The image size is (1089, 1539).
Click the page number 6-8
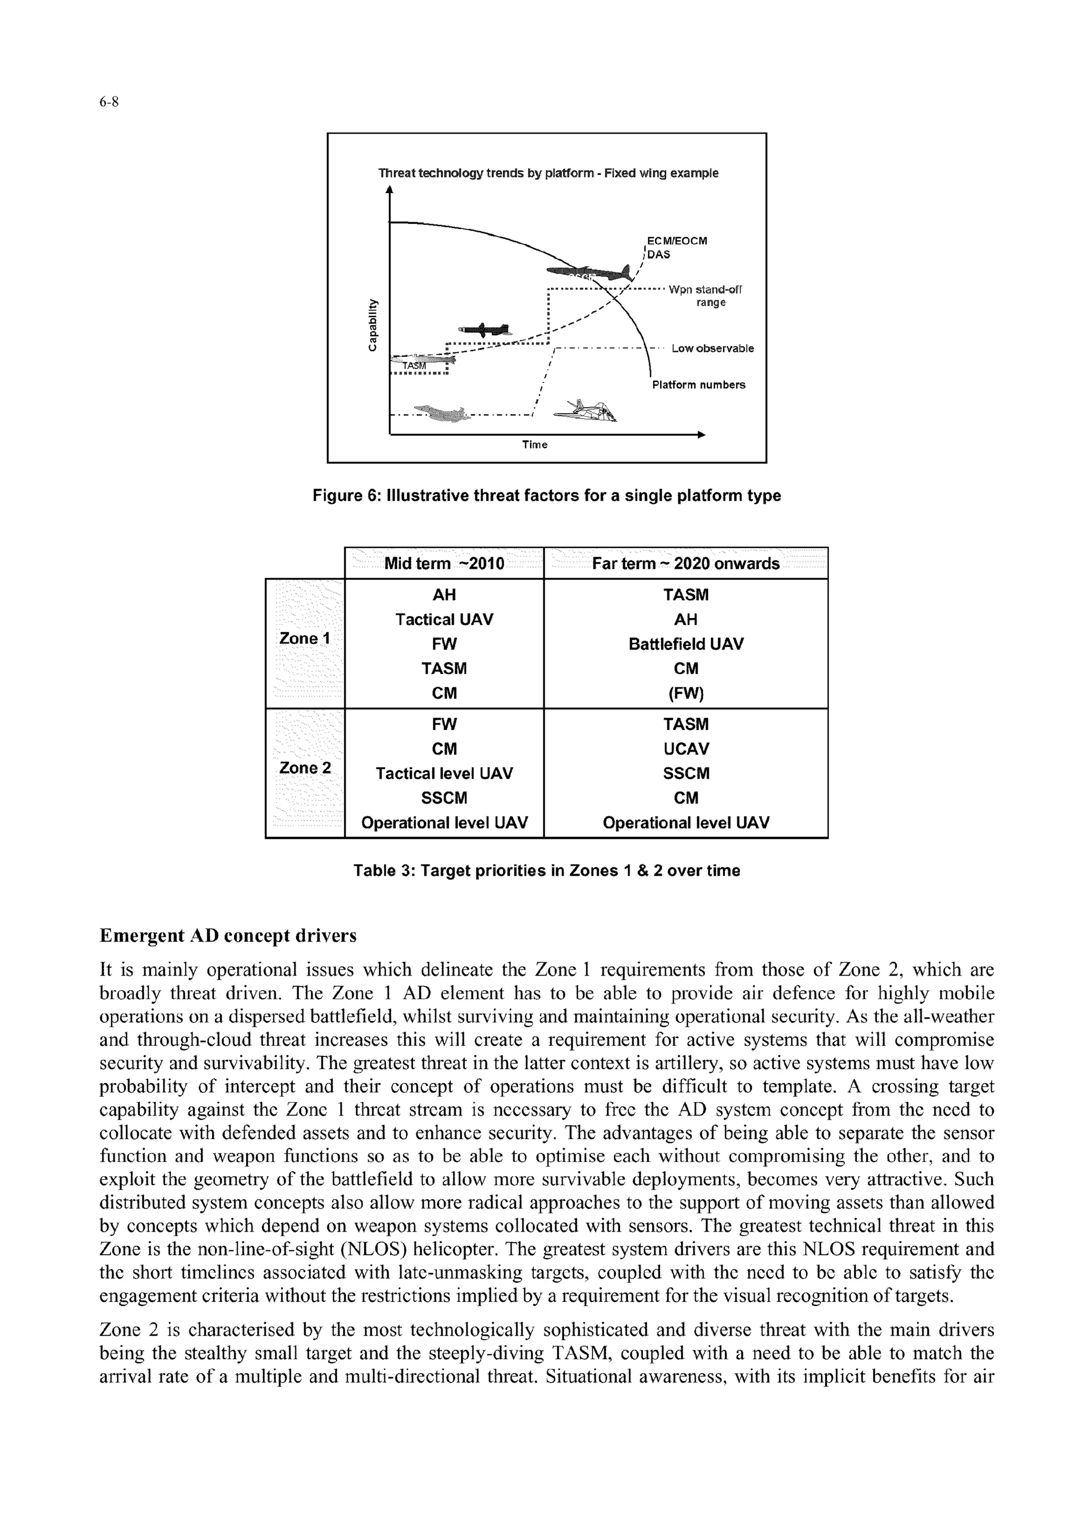(x=108, y=102)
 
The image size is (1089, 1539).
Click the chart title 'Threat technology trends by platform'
(x=548, y=173)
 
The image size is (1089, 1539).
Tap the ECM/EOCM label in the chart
(x=676, y=240)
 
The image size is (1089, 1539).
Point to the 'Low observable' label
(x=712, y=348)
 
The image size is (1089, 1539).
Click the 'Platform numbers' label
(x=698, y=385)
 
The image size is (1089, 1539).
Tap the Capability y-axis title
(x=370, y=324)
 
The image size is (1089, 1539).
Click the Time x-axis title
(x=534, y=445)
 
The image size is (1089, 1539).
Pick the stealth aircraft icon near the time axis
(x=585, y=412)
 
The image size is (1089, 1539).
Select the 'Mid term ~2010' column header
(x=444, y=563)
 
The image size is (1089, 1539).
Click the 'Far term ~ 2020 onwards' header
(x=685, y=563)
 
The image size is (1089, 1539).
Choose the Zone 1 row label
(x=305, y=639)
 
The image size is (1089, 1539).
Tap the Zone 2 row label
(x=305, y=768)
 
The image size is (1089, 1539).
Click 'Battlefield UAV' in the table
(x=685, y=644)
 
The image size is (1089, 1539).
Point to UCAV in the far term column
(x=685, y=748)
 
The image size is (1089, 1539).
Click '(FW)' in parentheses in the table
(x=685, y=694)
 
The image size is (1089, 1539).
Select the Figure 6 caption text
(x=547, y=496)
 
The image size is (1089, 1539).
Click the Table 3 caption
(x=547, y=871)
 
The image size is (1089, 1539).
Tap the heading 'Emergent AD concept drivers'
(x=228, y=935)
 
